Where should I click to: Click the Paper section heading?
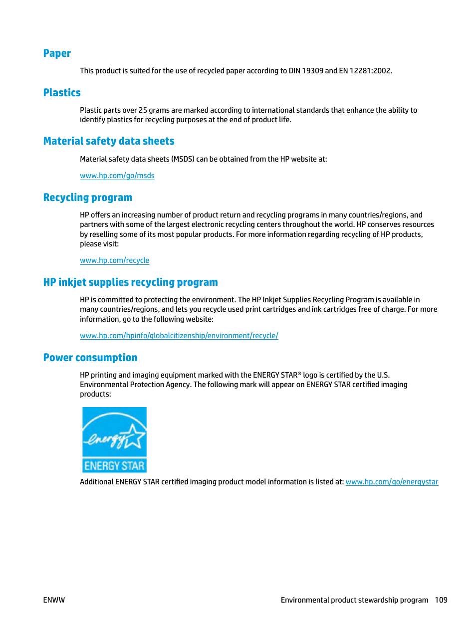click(57, 53)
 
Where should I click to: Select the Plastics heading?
click(62, 93)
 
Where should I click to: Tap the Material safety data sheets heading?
click(109, 141)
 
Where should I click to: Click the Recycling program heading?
click(87, 198)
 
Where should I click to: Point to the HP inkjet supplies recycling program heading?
click(130, 282)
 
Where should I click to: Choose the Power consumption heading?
click(90, 358)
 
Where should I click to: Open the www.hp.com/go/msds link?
click(117, 176)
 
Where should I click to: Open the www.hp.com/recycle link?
click(114, 260)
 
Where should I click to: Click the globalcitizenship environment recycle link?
click(179, 336)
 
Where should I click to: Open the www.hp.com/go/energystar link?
click(392, 482)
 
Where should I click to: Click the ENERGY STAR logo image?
click(114, 440)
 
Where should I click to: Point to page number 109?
click(441, 600)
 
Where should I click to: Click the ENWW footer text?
click(54, 600)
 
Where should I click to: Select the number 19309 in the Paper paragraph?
click(312, 71)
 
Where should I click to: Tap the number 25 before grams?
click(143, 110)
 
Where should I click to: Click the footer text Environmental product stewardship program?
click(354, 600)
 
